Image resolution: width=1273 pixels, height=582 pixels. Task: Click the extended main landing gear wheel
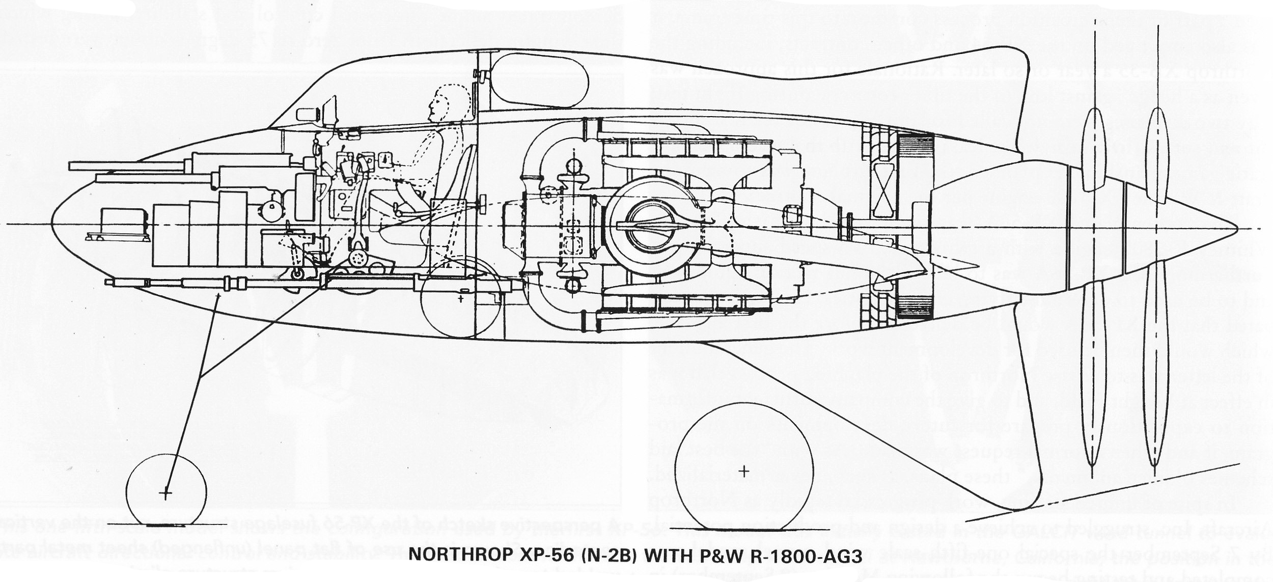(x=744, y=470)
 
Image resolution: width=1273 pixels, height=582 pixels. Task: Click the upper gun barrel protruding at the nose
(x=127, y=166)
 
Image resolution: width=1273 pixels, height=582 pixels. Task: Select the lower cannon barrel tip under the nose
(x=109, y=282)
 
